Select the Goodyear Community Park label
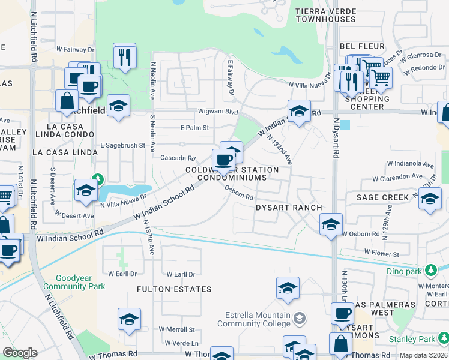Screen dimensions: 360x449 click(x=81, y=282)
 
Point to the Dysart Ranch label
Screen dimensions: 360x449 click(x=289, y=207)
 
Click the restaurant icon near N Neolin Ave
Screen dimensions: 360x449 click(x=125, y=57)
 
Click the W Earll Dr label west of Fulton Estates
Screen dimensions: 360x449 click(x=119, y=274)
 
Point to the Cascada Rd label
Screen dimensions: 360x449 click(x=178, y=158)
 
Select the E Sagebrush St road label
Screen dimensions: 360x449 click(x=122, y=145)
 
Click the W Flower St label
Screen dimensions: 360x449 click(x=381, y=254)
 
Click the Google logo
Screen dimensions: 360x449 click(x=20, y=353)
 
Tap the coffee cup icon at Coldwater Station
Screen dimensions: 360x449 click(x=223, y=160)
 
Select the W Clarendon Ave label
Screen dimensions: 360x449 click(x=397, y=178)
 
